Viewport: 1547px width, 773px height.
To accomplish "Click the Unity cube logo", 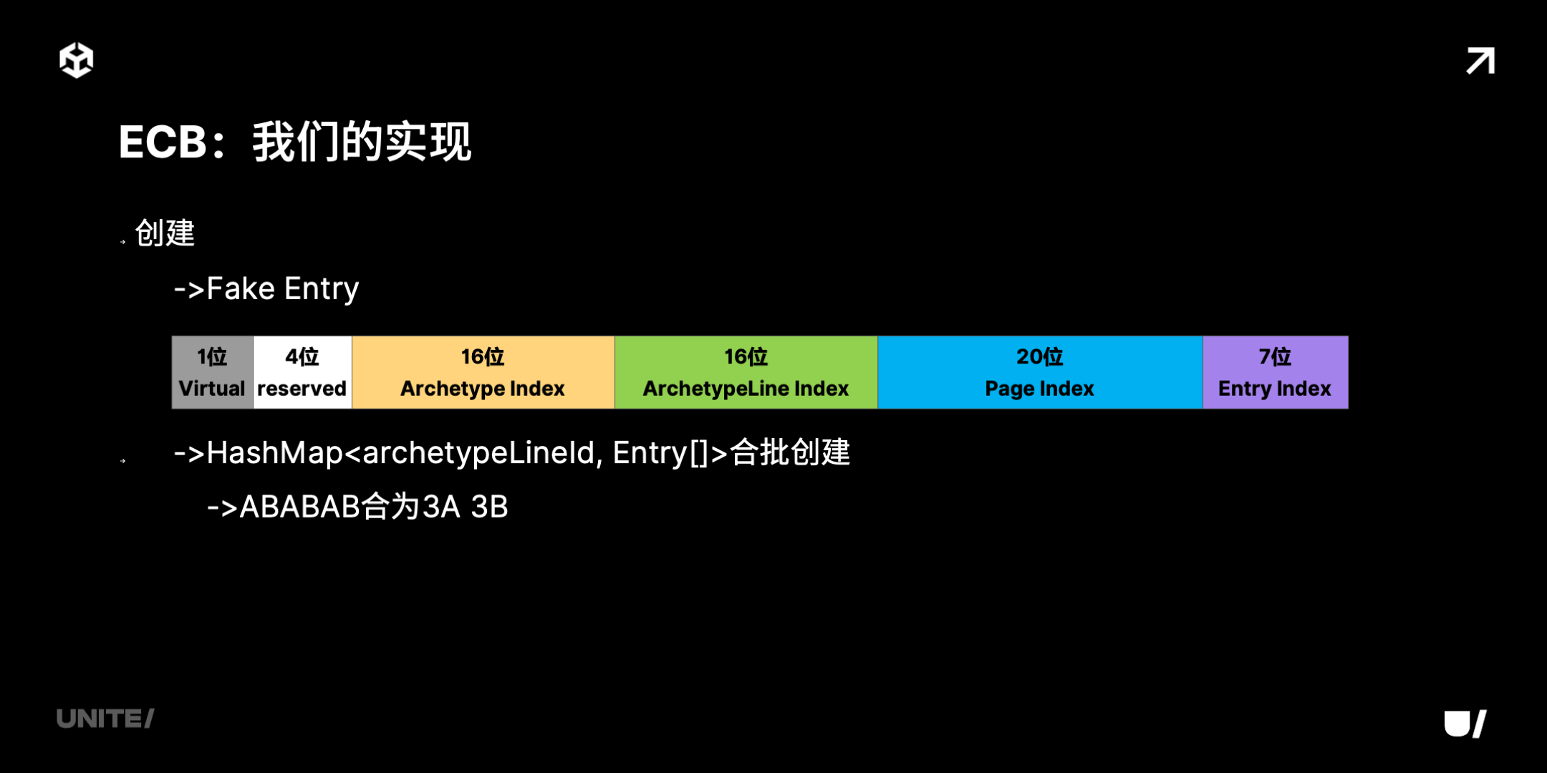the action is click(76, 60).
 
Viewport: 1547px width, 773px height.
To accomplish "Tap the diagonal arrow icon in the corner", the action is click(1480, 61).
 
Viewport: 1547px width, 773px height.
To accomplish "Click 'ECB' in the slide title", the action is click(163, 142).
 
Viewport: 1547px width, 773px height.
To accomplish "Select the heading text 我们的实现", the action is click(362, 142).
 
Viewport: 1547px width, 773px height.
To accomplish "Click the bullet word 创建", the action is click(165, 233).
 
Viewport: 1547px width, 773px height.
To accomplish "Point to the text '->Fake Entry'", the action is click(266, 289).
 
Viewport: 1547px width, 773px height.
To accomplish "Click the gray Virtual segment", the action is click(212, 372).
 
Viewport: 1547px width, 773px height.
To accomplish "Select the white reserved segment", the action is click(302, 372).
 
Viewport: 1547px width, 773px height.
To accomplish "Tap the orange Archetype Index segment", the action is click(483, 372).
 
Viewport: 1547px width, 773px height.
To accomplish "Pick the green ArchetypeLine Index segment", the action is click(746, 372).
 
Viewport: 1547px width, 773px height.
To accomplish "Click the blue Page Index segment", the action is click(1040, 372).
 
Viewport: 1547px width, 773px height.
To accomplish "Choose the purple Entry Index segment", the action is click(1276, 372).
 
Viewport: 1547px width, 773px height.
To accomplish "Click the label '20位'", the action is click(1040, 356).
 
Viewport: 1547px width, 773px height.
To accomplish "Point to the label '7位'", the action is click(1276, 356).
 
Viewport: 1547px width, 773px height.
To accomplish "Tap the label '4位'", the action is click(302, 356).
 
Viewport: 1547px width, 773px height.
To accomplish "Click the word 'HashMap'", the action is click(275, 453).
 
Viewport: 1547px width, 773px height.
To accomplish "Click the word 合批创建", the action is click(790, 452).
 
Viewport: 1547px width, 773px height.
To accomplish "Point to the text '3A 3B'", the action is click(466, 507).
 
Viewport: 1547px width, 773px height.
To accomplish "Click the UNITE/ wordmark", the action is click(105, 719).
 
